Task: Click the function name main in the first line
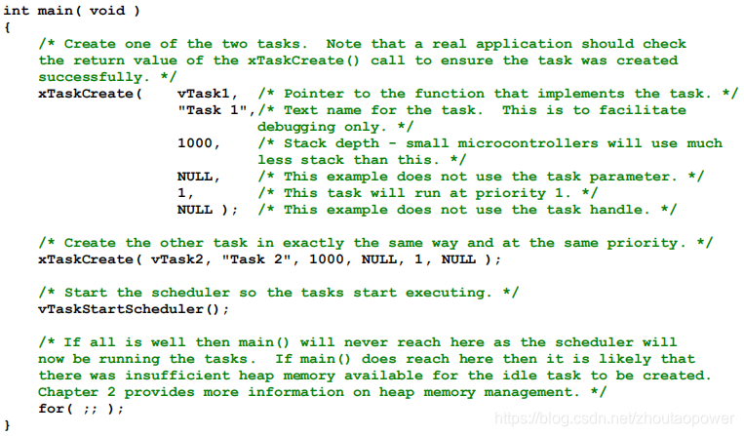coord(55,11)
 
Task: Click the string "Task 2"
coord(255,259)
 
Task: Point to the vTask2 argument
coord(176,259)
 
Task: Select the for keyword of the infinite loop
coord(51,409)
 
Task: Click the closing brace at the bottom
coord(7,425)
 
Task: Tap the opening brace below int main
coord(7,27)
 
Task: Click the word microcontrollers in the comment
coord(528,143)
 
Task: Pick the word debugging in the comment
coord(296,127)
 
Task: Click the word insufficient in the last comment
coord(177,376)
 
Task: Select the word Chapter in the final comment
coord(68,392)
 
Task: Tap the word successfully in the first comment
coord(90,77)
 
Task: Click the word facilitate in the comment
coord(642,110)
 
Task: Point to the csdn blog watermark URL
coord(614,418)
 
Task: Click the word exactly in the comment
coord(313,243)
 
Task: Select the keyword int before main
coord(17,11)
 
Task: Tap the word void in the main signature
coord(107,11)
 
